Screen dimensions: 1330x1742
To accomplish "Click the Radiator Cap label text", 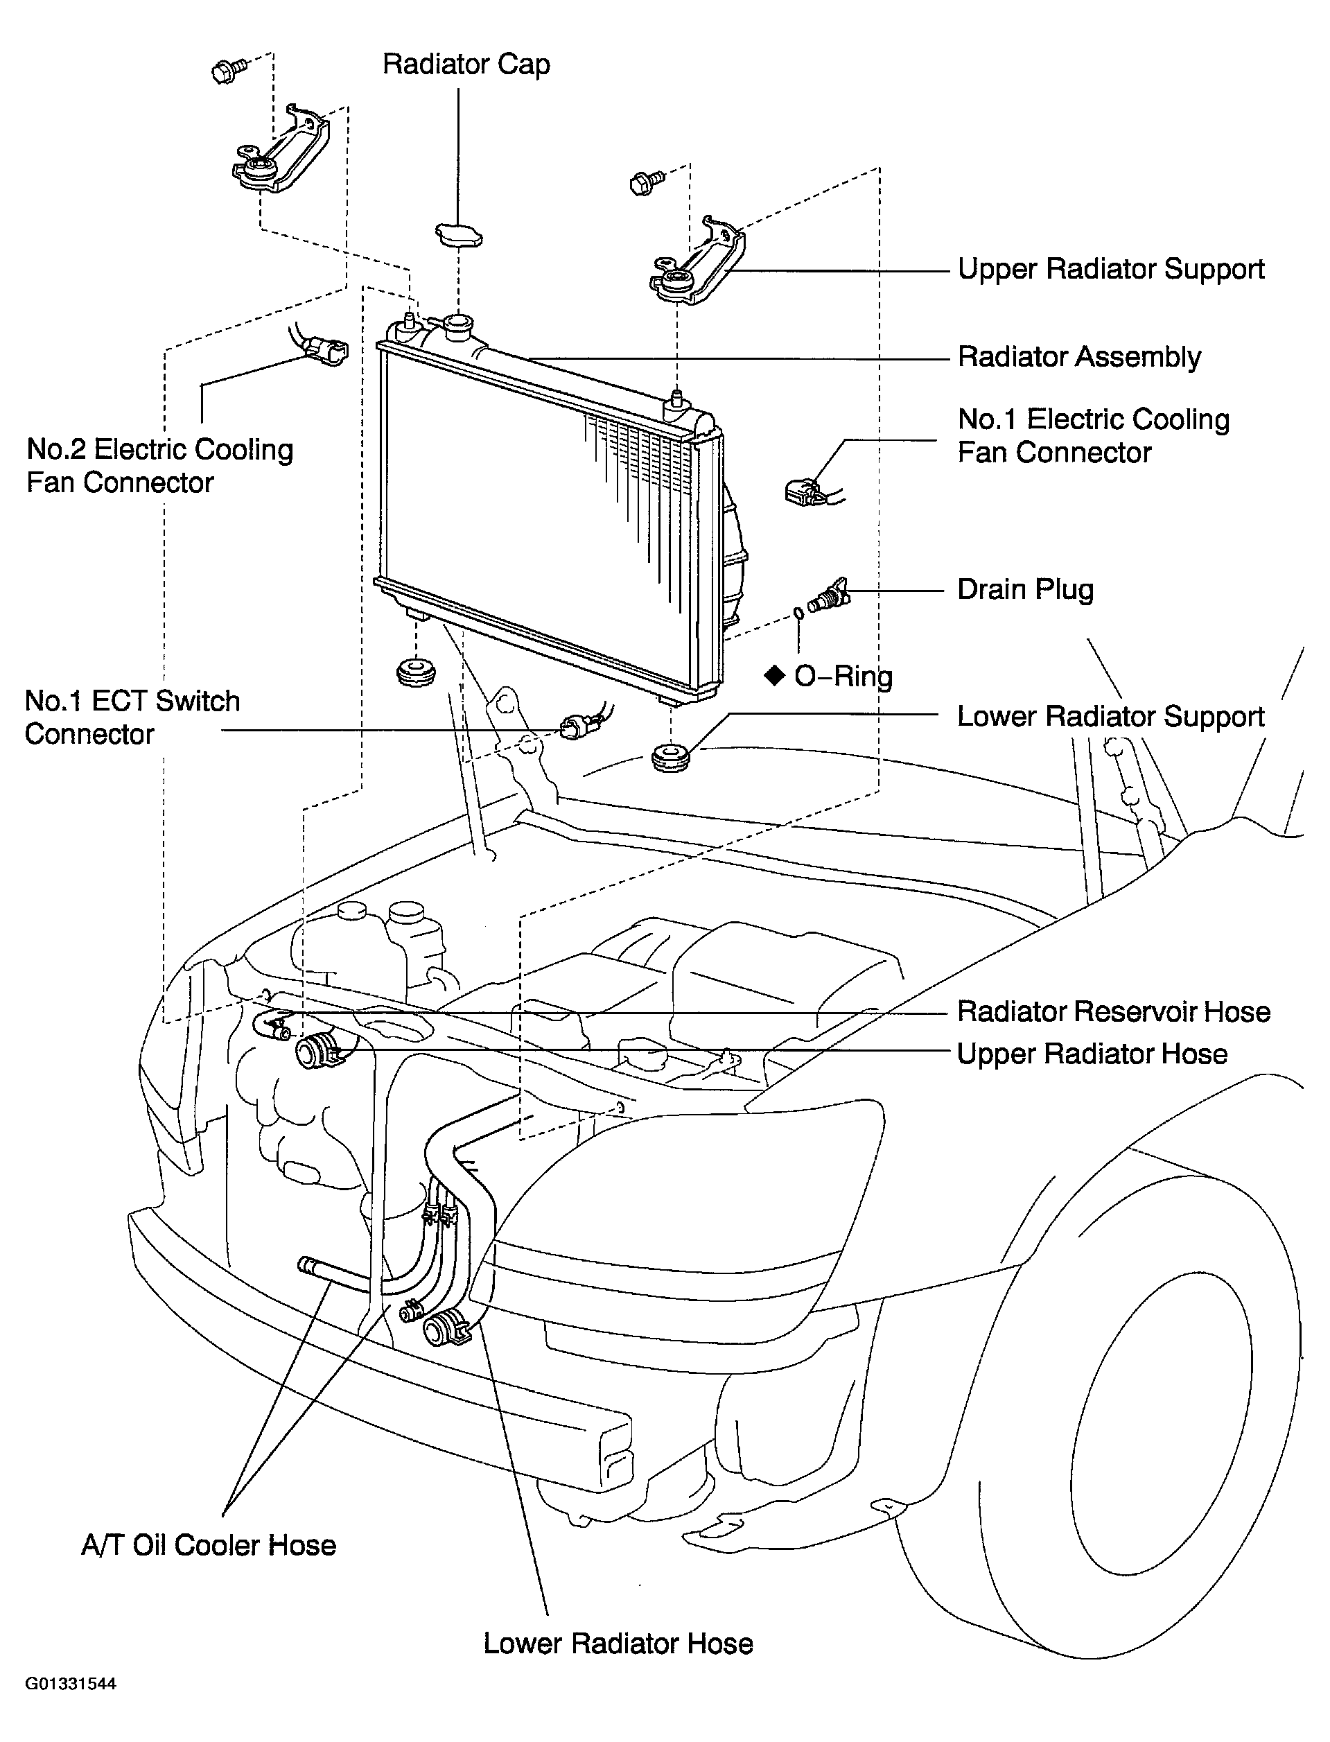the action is click(466, 65).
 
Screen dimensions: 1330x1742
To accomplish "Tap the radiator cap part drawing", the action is click(460, 235).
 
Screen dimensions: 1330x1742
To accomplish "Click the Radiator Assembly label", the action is click(1079, 358).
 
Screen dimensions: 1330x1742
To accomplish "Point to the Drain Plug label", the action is click(1025, 590).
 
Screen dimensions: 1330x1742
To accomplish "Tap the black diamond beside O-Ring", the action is click(774, 675).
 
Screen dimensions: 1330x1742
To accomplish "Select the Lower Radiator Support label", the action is click(1111, 717).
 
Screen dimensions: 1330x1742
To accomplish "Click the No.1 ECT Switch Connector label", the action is click(132, 717).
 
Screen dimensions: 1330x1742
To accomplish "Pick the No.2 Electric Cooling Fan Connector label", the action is click(160, 467).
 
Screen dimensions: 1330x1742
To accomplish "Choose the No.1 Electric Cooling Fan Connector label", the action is click(1093, 436).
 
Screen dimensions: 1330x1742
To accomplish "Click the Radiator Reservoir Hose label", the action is click(1114, 1012).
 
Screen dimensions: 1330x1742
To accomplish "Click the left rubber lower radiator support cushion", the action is click(416, 672).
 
